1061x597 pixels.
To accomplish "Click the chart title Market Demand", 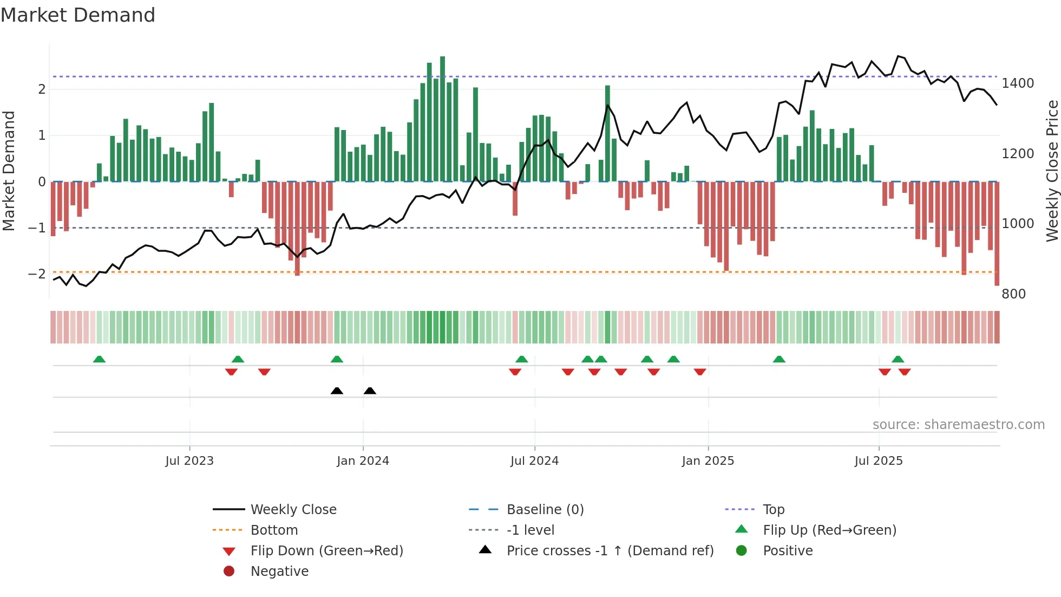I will [78, 15].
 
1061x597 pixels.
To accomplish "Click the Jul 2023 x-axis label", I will [189, 461].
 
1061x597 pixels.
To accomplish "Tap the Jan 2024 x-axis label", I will [363, 461].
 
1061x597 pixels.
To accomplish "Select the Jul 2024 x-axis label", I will [534, 461].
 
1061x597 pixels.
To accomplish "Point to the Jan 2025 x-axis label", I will [708, 461].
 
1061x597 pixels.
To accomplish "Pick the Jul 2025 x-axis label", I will [879, 461].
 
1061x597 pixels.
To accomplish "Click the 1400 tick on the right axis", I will [1018, 83].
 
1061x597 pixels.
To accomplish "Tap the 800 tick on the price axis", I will [1013, 294].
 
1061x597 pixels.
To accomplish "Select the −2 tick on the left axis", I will [37, 274].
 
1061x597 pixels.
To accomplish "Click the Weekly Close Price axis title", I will [1052, 171].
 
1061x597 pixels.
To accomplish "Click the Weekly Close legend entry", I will [293, 510].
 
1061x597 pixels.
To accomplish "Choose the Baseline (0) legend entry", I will [545, 510].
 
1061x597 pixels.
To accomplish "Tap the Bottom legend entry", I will [274, 530].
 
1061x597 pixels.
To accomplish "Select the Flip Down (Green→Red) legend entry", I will [326, 551].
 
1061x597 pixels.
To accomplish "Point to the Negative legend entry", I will [279, 572].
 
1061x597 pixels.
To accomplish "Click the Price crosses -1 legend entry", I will [610, 551].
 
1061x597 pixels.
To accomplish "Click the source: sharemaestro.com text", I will [958, 425].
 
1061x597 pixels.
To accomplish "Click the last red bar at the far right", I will [997, 233].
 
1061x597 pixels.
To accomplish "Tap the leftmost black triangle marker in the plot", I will [337, 391].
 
